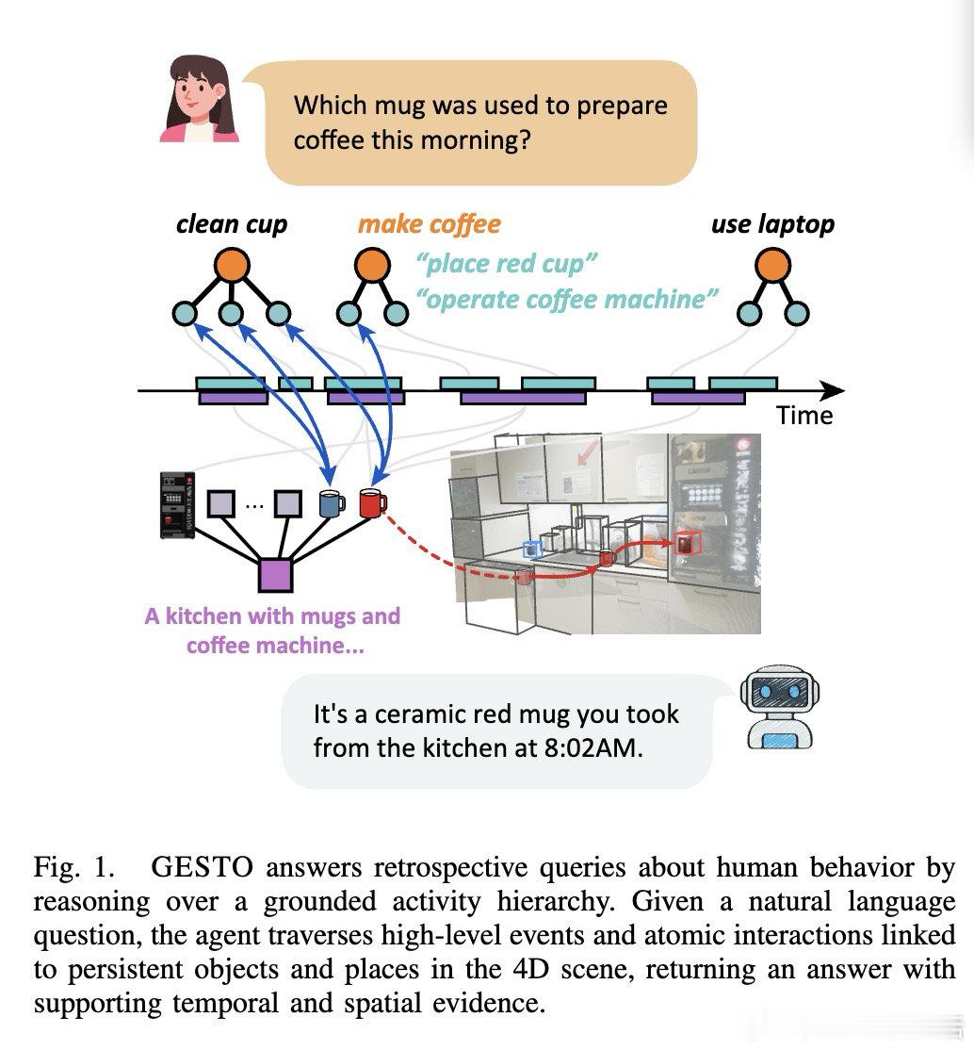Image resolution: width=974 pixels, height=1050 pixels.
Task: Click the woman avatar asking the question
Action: click(x=199, y=98)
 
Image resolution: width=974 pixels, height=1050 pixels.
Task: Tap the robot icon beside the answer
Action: click(x=780, y=707)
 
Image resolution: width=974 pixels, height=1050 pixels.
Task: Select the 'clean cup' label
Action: click(x=232, y=224)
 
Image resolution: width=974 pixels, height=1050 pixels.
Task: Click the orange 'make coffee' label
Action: click(x=430, y=224)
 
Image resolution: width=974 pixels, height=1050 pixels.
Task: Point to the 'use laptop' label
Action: click(x=772, y=224)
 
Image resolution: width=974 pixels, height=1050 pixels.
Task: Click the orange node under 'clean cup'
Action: click(x=232, y=265)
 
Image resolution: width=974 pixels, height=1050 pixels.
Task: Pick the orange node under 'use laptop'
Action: click(x=772, y=265)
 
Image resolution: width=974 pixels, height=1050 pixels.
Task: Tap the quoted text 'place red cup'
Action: click(x=506, y=264)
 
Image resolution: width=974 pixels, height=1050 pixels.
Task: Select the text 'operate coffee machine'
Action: click(x=567, y=300)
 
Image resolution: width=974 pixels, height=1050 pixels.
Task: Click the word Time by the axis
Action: click(x=804, y=416)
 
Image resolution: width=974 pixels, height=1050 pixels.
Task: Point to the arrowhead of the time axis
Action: click(x=843, y=389)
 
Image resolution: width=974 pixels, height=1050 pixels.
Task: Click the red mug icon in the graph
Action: click(x=373, y=502)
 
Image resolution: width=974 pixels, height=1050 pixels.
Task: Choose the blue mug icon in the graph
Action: click(x=332, y=503)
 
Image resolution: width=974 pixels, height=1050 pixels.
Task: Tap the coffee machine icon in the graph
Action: click(x=177, y=505)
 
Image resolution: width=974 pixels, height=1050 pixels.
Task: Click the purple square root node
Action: click(x=275, y=575)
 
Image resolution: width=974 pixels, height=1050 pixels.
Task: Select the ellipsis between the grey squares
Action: click(x=254, y=505)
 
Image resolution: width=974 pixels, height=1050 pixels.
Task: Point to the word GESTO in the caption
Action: click(x=203, y=867)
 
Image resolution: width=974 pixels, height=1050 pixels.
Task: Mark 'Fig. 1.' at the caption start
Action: click(x=74, y=867)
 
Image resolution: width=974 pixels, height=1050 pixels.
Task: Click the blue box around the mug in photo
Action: click(x=531, y=550)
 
